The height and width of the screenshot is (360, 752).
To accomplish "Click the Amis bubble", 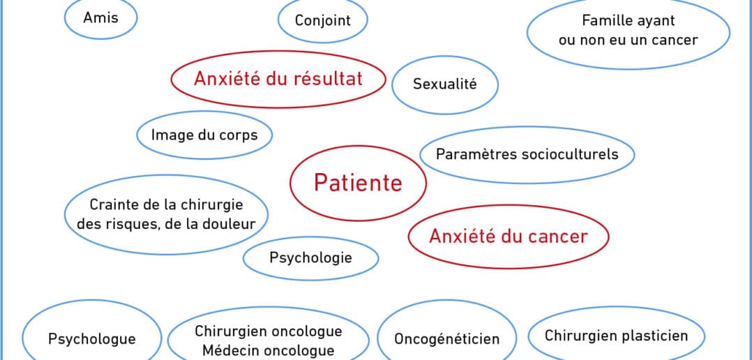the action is coord(100,17).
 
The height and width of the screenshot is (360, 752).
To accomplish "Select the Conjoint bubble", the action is coord(323,20).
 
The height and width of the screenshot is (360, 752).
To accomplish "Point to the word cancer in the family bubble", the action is coord(675,40).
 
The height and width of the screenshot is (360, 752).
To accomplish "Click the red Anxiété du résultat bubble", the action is coord(278,79).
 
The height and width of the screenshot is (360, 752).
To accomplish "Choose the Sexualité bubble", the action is coord(445,84).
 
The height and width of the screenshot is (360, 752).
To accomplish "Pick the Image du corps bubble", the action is coord(204,135).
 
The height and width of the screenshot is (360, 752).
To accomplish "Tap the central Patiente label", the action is coord(358,183).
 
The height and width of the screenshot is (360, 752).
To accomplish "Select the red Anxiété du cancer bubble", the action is coord(509,237).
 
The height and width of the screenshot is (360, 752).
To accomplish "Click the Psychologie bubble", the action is coord(311,258).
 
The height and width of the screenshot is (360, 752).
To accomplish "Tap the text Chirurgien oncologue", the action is coord(269,331).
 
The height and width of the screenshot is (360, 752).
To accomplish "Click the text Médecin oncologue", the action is coord(269,350).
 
